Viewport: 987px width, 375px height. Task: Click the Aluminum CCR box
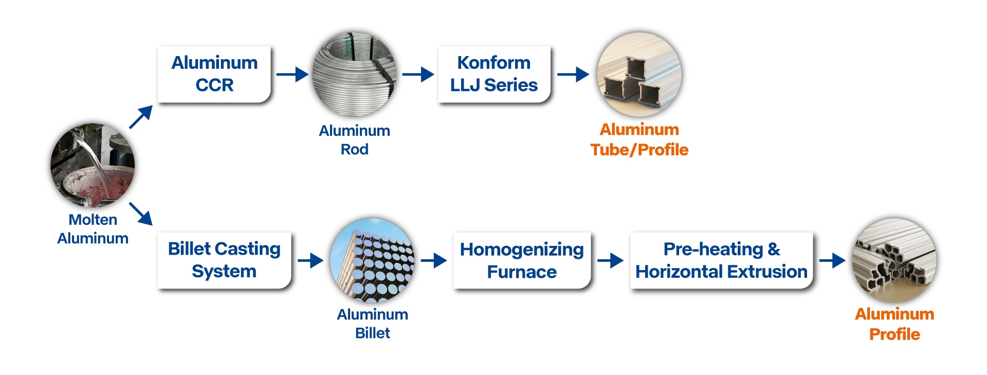point(214,74)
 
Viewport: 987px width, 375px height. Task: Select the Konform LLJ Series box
point(494,74)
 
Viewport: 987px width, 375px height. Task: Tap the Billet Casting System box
point(224,260)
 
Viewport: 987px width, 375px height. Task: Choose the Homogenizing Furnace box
point(522,260)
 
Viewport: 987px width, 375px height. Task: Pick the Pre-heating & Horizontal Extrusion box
point(721,260)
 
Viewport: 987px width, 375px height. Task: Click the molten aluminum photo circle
point(93,165)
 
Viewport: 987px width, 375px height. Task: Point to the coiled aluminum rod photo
point(354,74)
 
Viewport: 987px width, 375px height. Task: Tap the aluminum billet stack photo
point(372,260)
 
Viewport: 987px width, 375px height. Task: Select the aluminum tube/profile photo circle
point(639,74)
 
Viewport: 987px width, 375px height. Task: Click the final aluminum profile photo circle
point(894,260)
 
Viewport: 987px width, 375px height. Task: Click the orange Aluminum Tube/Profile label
point(639,139)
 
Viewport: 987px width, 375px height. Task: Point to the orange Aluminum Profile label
point(894,324)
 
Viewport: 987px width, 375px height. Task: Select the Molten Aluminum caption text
point(93,229)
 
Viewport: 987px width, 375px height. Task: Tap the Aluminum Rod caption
point(354,140)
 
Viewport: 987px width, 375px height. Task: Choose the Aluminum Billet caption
point(372,324)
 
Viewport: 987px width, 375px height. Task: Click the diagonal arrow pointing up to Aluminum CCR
point(141,117)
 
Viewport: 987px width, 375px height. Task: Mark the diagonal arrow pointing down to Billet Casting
point(141,214)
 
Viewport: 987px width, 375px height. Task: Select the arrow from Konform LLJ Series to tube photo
point(573,75)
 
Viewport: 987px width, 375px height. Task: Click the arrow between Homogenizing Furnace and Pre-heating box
point(610,260)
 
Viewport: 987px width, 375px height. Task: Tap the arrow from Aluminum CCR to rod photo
point(293,75)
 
